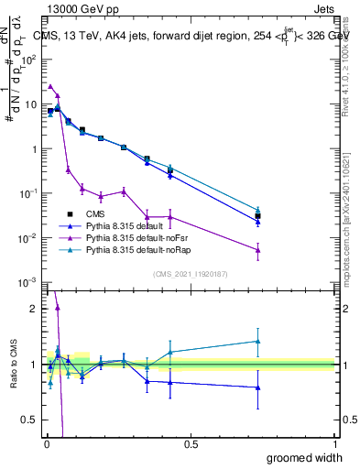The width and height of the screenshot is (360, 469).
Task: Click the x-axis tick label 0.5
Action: coord(191,442)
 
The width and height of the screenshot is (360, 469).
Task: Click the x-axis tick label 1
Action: coord(334,442)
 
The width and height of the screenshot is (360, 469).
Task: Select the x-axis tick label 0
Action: coord(46,442)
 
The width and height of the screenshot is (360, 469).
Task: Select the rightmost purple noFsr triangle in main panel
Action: coord(258,250)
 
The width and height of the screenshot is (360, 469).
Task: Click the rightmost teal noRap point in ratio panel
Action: coord(258,341)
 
